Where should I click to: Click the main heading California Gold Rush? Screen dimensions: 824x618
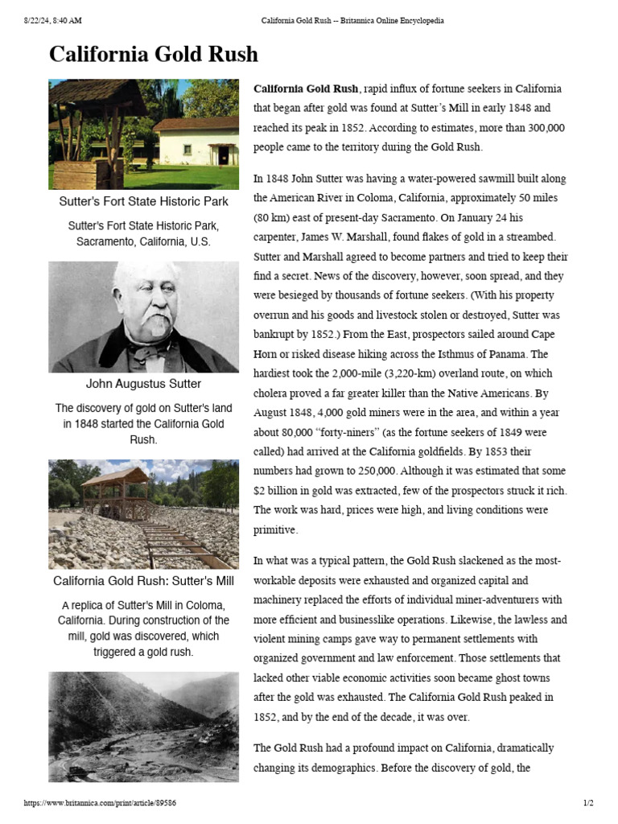154,55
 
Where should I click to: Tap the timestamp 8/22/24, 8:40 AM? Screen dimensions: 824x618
53,20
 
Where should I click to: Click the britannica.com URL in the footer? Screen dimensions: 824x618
101,803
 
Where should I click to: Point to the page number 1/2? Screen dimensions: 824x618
587,803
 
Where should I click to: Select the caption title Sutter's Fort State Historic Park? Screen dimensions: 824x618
143,201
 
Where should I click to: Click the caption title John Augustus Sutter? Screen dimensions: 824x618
143,384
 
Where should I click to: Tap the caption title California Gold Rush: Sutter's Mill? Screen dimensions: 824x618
143,580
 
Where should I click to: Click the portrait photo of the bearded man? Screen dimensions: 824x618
143,316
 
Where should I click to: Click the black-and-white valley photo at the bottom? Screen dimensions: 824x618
143,726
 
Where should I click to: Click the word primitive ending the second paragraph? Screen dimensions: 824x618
275,529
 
